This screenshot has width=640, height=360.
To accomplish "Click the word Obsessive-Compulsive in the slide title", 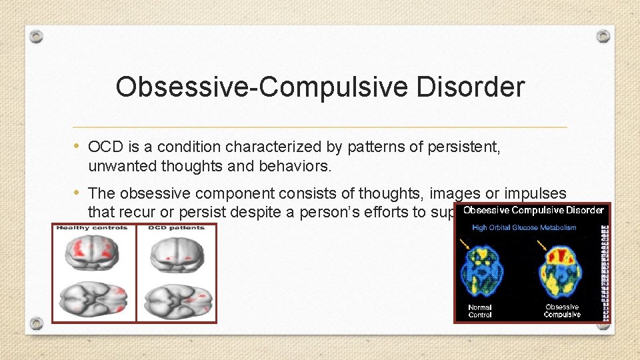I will [253, 87].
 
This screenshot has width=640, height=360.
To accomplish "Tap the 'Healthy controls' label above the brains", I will [93, 229].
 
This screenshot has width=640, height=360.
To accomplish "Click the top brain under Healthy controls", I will [94, 254].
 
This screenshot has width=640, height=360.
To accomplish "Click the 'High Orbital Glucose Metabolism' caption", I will [524, 228].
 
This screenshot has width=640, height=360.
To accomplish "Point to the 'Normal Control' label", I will [480, 311].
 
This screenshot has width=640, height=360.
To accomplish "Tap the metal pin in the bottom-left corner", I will [37, 325].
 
